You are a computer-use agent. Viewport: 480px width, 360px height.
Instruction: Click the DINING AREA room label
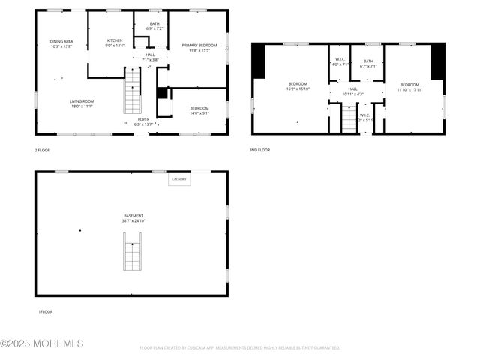61,41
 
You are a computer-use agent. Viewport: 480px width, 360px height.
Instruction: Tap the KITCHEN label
115,40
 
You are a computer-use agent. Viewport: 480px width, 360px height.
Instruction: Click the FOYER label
143,119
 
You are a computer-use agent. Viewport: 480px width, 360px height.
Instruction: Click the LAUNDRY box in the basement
179,179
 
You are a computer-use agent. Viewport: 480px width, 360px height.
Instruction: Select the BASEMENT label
133,216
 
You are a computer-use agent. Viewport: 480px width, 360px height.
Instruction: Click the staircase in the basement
133,251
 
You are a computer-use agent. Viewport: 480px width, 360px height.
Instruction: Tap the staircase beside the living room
132,90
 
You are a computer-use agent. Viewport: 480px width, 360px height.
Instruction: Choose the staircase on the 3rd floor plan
349,118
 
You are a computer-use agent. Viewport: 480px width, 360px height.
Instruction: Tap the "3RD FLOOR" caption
259,150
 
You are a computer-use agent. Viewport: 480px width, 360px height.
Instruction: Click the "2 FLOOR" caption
42,150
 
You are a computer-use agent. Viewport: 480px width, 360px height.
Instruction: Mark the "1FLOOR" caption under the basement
45,311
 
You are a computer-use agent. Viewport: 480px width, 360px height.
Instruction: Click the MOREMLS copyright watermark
42,343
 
